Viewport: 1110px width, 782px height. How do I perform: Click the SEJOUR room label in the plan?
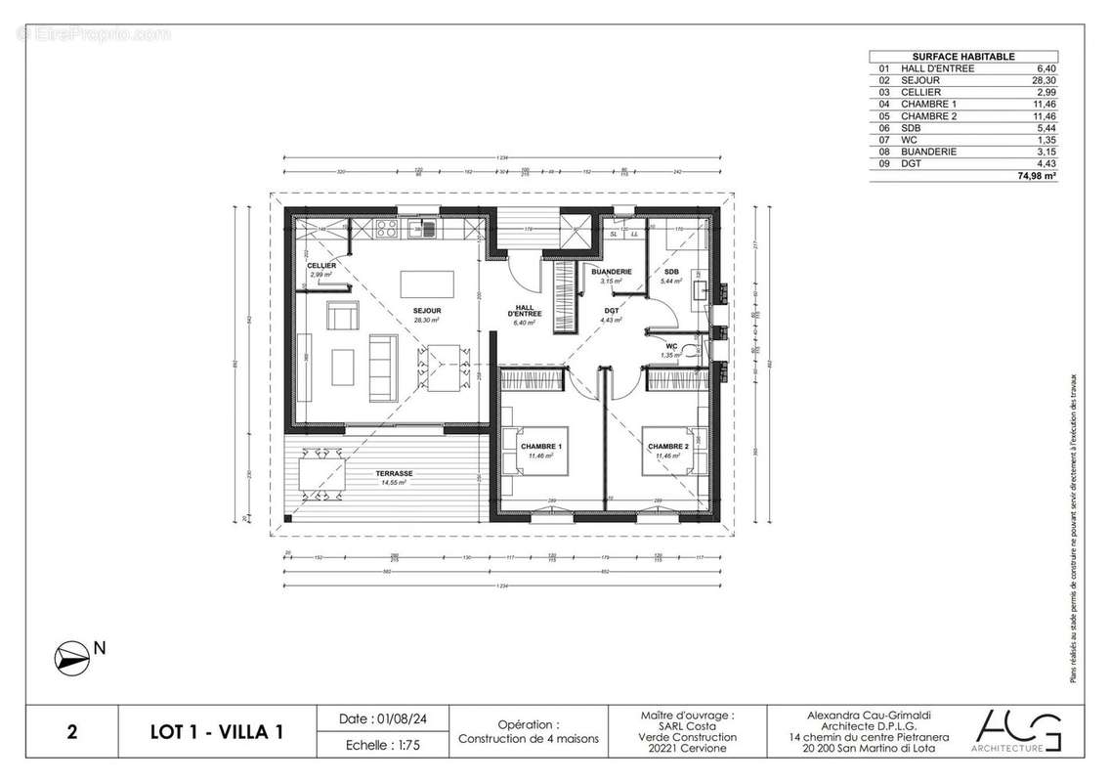tap(425, 311)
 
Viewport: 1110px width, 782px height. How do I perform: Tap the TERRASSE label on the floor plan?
tap(396, 474)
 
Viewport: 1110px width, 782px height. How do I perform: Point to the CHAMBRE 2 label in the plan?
tap(667, 446)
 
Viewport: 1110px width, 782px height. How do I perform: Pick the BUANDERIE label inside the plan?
tap(612, 272)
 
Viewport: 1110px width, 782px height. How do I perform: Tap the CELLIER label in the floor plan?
tap(321, 266)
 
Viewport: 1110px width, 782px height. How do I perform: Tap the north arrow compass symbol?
tap(70, 656)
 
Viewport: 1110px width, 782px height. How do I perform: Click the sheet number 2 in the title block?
tap(71, 732)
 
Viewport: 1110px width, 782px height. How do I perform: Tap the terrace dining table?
tap(322, 474)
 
